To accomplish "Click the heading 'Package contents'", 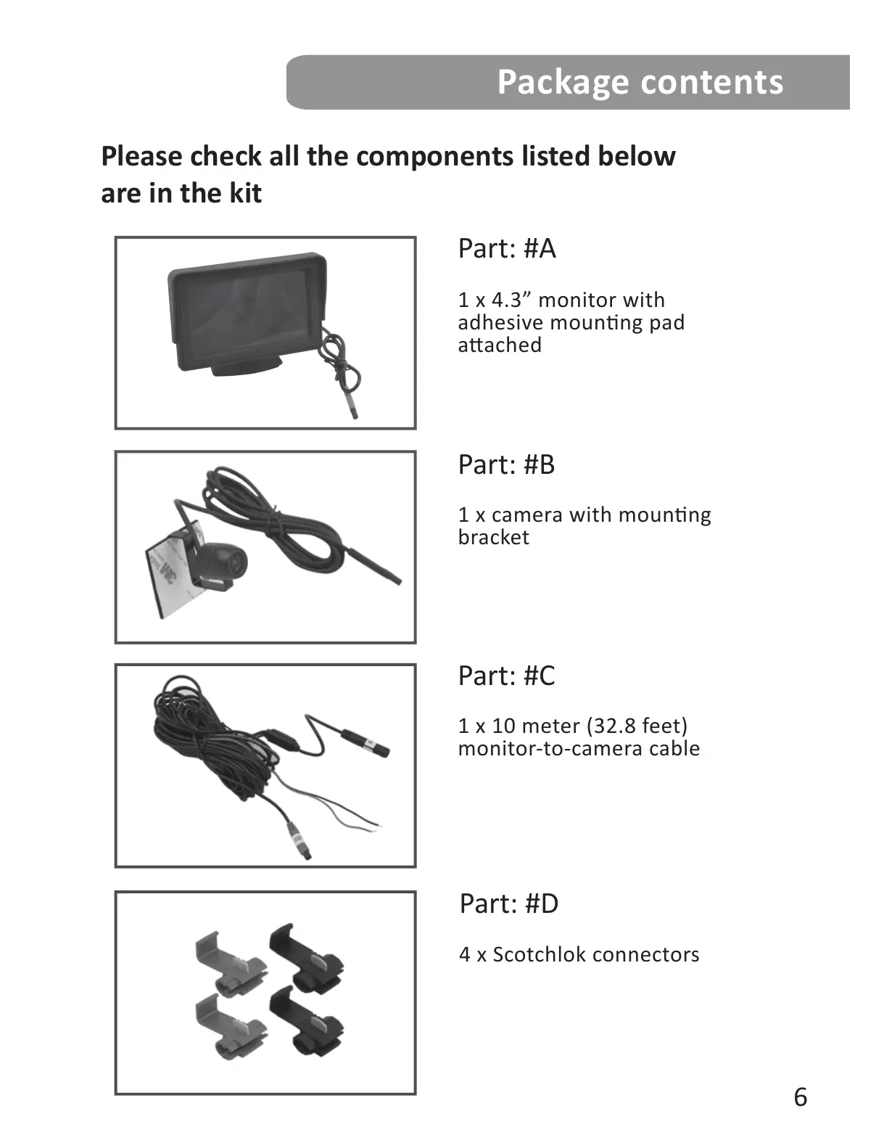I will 640,82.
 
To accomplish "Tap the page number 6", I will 800,1096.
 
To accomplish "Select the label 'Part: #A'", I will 506,249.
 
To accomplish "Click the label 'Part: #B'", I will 506,465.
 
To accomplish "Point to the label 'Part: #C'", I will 506,676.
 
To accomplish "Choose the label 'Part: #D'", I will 508,904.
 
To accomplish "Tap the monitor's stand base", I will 247,368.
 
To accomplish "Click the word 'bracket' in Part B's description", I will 493,538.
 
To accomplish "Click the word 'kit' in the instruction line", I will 244,194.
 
